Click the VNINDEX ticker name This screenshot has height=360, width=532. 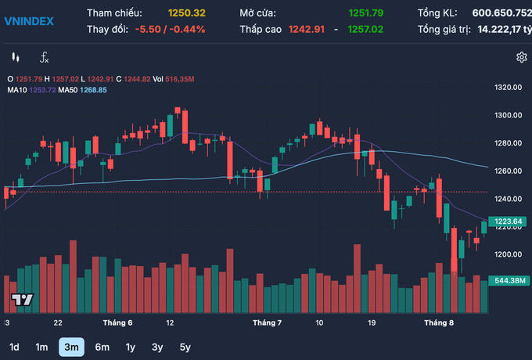pos(29,21)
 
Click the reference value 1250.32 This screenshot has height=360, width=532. pos(186,13)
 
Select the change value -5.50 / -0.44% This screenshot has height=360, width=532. pos(170,29)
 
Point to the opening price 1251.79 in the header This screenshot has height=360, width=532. pos(367,13)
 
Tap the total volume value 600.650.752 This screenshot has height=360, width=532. pos(501,13)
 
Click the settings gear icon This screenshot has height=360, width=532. pos(521,57)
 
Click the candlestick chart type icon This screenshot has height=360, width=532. pos(15,57)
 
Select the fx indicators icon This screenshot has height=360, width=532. pos(44,57)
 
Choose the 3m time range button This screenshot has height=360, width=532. pos(71,347)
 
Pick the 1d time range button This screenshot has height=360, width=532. pos(14,347)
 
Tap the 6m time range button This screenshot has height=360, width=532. pos(102,347)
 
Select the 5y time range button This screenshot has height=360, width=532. pos(185,347)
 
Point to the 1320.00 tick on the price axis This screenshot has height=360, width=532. pos(509,88)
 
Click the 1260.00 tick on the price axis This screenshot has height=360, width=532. pos(509,171)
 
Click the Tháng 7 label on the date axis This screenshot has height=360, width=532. pos(267,322)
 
